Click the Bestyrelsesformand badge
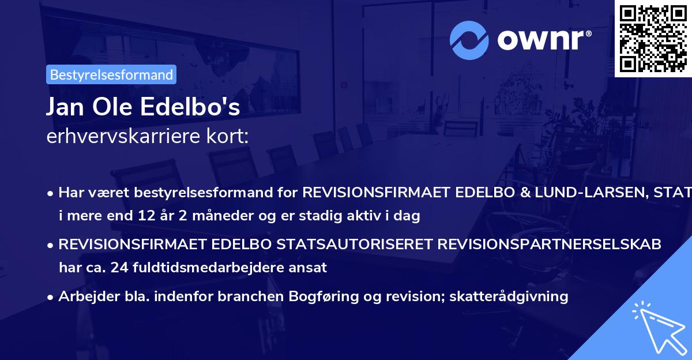click(x=111, y=74)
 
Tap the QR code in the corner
click(x=653, y=38)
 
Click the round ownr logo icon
click(x=469, y=40)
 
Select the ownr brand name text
click(x=543, y=40)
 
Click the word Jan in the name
click(x=63, y=108)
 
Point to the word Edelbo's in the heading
click(x=199, y=108)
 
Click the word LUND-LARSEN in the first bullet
click(x=600, y=192)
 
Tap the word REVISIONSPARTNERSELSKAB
click(x=549, y=244)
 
